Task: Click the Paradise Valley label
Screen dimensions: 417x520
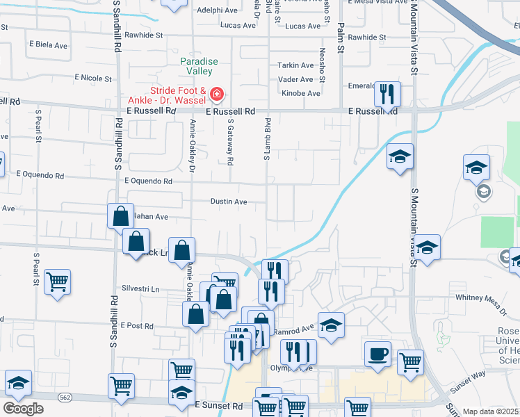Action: (199, 66)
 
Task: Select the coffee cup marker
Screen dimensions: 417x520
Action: (377, 354)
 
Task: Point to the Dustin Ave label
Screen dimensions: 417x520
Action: (229, 202)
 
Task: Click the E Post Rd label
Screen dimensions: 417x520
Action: (136, 325)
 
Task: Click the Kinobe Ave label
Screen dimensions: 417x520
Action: (300, 93)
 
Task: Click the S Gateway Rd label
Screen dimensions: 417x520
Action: (230, 141)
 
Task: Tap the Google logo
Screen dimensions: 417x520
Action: (23, 409)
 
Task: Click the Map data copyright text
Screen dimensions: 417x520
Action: (491, 411)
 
